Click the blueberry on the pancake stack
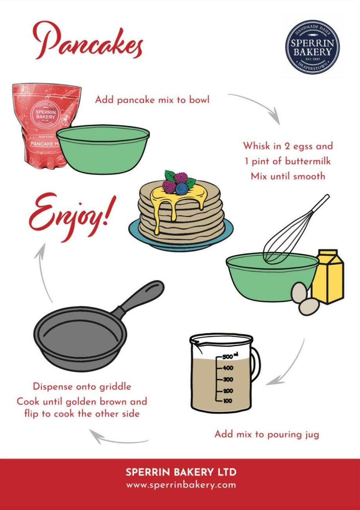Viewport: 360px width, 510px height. pyautogui.click(x=181, y=189)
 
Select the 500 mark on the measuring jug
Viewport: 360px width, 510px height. pyautogui.click(x=228, y=357)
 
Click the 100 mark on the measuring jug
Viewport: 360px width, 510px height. pyautogui.click(x=227, y=401)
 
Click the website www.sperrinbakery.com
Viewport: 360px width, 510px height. pyautogui.click(x=181, y=485)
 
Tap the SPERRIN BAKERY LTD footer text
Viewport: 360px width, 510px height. pyautogui.click(x=181, y=472)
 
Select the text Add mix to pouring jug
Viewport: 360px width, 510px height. pyautogui.click(x=266, y=434)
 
